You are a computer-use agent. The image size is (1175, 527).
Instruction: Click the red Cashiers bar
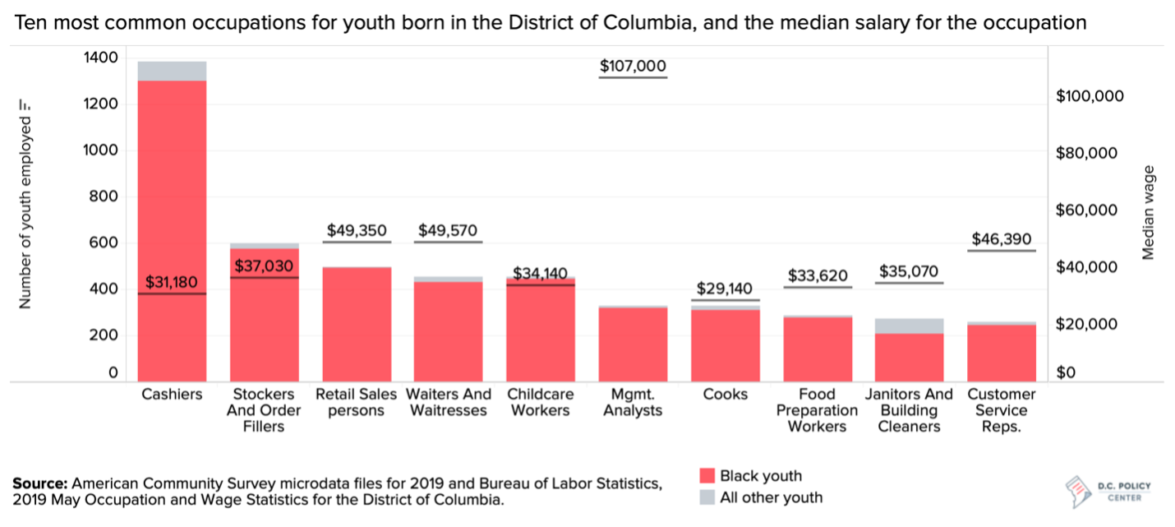click(x=172, y=230)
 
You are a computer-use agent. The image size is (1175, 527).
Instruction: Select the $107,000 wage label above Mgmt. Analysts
click(x=633, y=67)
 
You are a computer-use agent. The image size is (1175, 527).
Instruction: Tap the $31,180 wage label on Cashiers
click(x=172, y=283)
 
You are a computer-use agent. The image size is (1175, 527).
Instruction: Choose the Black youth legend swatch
click(x=707, y=476)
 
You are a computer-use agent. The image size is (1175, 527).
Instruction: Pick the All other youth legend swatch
click(x=707, y=497)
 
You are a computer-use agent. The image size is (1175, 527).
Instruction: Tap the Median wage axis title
click(x=1149, y=213)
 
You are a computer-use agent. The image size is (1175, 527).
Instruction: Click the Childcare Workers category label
click(x=540, y=402)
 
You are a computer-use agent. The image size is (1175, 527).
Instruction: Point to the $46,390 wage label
click(x=1001, y=239)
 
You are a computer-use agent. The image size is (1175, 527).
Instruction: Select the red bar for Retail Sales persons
click(x=356, y=324)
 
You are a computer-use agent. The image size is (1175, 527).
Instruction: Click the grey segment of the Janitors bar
click(x=909, y=326)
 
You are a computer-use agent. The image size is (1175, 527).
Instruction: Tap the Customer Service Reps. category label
click(x=1001, y=409)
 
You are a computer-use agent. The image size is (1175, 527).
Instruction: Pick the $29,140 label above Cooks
click(x=725, y=289)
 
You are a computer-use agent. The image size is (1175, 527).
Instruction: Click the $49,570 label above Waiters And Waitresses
click(x=448, y=230)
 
